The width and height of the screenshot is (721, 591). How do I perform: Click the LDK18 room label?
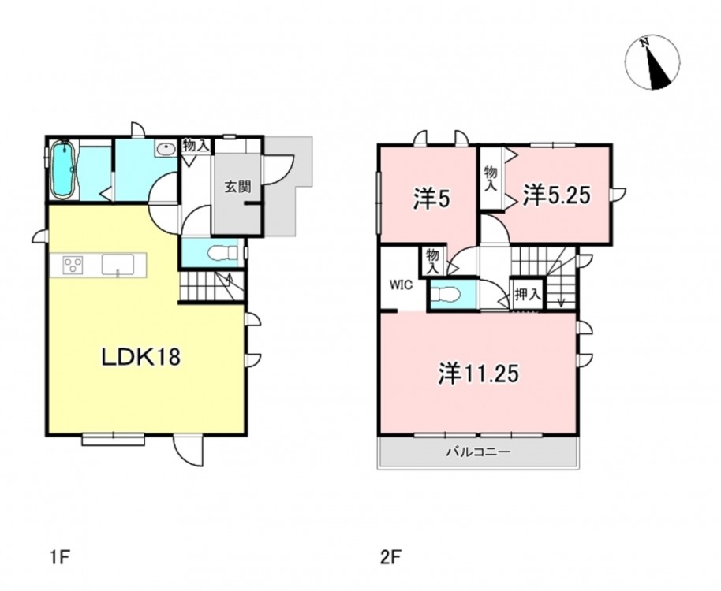click(140, 357)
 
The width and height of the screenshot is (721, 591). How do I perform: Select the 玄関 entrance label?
click(237, 187)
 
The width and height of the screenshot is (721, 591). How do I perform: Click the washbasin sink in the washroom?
click(166, 149)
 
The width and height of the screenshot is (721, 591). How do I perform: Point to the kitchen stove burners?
click(73, 266)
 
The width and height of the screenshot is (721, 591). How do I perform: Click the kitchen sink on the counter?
click(118, 266)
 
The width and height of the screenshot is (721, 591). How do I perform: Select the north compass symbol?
click(652, 62)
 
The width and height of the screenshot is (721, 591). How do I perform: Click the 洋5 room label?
click(431, 199)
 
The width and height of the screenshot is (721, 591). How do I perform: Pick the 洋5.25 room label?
click(556, 196)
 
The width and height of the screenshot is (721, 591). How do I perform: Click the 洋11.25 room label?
click(478, 374)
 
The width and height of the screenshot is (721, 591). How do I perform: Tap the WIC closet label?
click(402, 284)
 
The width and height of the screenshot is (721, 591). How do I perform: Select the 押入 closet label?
click(527, 295)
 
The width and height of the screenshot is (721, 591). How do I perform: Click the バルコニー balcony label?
click(478, 452)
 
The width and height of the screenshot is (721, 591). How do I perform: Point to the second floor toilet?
click(446, 295)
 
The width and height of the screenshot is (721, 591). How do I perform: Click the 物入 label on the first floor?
click(196, 146)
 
